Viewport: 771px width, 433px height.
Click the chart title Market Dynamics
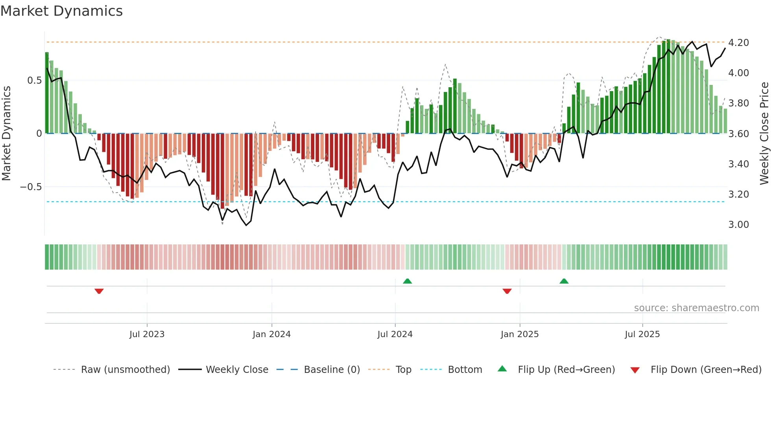click(x=61, y=11)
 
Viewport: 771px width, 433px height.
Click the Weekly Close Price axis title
click(x=764, y=133)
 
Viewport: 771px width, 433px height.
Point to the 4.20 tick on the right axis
click(x=738, y=42)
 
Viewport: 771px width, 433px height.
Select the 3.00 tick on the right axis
click(x=738, y=224)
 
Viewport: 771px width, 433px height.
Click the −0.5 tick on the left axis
click(x=31, y=187)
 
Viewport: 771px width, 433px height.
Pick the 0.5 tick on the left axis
click(x=34, y=80)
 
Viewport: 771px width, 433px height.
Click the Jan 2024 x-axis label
click(x=271, y=334)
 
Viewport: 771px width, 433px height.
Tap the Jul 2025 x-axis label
click(x=642, y=334)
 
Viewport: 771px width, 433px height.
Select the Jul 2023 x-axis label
click(x=147, y=334)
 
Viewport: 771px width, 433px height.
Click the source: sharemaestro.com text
click(x=696, y=308)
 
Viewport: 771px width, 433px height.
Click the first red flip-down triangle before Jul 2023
click(x=99, y=291)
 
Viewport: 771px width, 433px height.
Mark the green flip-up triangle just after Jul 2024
click(x=408, y=281)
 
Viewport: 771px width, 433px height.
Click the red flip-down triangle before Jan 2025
click(x=507, y=291)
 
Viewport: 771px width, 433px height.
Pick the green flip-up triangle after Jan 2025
click(x=564, y=281)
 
